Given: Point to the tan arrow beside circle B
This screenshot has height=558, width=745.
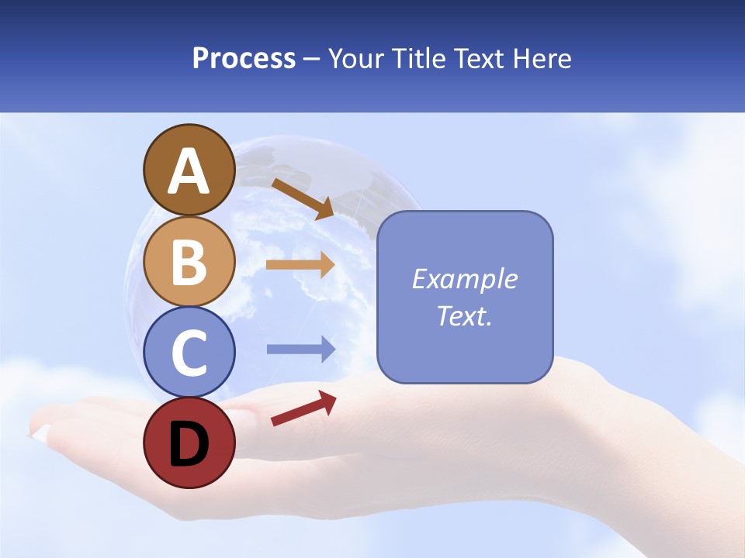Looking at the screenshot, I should pyautogui.click(x=300, y=264).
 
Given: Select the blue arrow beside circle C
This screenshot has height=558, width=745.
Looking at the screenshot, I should pyautogui.click(x=301, y=349).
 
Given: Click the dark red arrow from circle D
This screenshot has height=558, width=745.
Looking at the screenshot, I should pyautogui.click(x=303, y=408).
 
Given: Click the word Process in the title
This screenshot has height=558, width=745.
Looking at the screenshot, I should pyautogui.click(x=244, y=58).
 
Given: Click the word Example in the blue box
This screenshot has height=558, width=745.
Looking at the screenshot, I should pyautogui.click(x=464, y=279).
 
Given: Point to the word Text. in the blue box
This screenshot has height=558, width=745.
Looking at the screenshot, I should pyautogui.click(x=464, y=315).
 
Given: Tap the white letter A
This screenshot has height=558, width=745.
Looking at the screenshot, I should pyautogui.click(x=189, y=172).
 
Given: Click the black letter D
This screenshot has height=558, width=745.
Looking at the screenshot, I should pyautogui.click(x=189, y=443).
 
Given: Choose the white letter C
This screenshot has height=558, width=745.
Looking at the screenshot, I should pyautogui.click(x=189, y=353).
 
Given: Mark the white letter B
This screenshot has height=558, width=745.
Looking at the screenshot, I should pyautogui.click(x=189, y=262).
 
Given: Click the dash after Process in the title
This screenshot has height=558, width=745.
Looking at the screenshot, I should pyautogui.click(x=312, y=60).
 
